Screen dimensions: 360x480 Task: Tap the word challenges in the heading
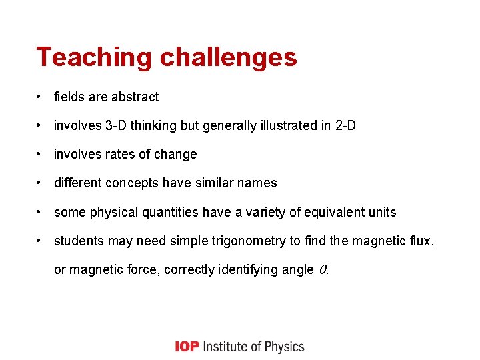pos(229,57)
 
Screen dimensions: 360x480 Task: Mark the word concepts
pos(135,183)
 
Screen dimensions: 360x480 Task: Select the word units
pos(381,213)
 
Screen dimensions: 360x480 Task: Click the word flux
pos(421,241)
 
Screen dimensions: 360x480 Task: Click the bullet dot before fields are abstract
pos(41,97)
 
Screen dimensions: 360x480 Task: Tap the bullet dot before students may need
pos(41,241)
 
